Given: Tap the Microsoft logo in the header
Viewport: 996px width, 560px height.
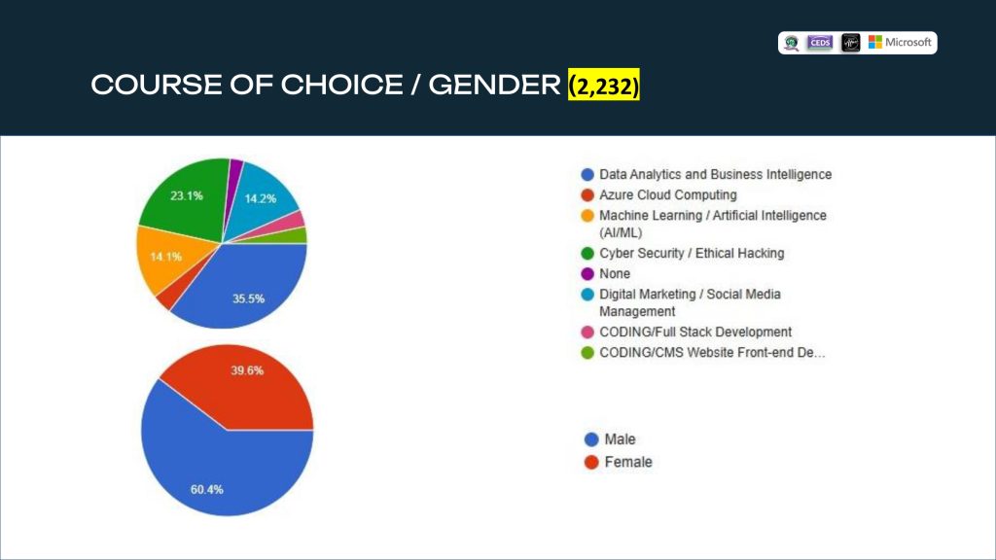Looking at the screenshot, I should point(900,43).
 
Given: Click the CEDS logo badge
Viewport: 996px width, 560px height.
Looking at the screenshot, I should point(820,43).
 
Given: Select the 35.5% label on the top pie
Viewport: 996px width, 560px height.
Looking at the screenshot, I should point(248,298).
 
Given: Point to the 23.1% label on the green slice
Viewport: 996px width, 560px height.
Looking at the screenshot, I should point(187,195).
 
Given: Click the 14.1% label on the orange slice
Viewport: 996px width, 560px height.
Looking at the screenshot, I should point(165,257).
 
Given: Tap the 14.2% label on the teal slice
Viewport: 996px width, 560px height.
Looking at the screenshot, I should point(261,198).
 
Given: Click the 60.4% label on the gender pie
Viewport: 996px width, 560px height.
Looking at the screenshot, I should point(207,488).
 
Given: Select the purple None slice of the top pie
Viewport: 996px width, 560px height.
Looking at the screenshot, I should point(235,169).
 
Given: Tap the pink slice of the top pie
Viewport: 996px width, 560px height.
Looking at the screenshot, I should point(296,220).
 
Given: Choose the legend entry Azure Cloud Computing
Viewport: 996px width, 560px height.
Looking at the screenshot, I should point(667,195).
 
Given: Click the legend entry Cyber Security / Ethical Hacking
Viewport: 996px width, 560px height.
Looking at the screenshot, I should point(691,253).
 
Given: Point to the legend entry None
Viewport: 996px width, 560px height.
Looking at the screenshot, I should point(615,274).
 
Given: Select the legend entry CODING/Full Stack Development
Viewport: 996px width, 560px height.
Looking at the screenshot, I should point(694,332).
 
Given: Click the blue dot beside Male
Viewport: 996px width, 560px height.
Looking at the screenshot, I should point(590,439).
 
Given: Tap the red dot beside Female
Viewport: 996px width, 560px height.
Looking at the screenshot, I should point(590,462).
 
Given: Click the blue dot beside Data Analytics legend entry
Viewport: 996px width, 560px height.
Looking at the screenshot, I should point(587,175).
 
